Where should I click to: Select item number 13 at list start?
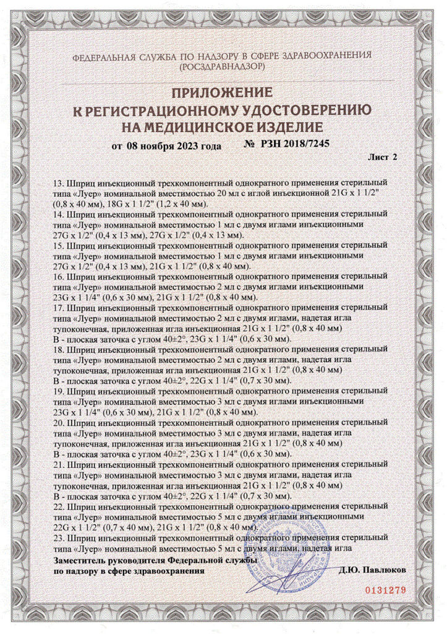[x=60, y=184]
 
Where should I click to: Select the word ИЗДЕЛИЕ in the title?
[x=288, y=128]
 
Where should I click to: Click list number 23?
[x=60, y=536]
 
